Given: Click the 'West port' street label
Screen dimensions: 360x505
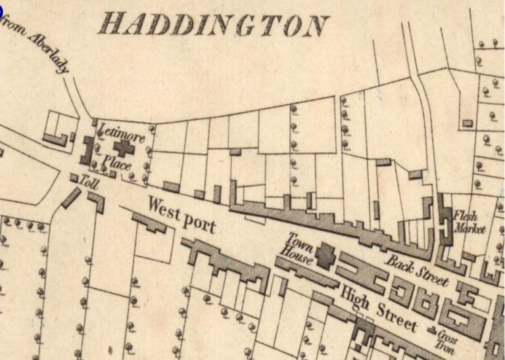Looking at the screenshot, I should tap(181, 214).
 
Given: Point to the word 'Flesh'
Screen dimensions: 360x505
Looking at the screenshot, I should tap(468, 216).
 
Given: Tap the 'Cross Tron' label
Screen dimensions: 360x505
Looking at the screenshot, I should tap(447, 338).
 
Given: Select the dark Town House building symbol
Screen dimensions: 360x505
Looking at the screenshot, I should tap(325, 254).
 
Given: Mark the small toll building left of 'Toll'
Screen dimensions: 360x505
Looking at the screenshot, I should tap(74, 177).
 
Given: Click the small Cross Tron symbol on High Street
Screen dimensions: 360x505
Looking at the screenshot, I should tap(432, 329).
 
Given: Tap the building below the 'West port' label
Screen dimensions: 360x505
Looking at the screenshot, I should tap(152, 223).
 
